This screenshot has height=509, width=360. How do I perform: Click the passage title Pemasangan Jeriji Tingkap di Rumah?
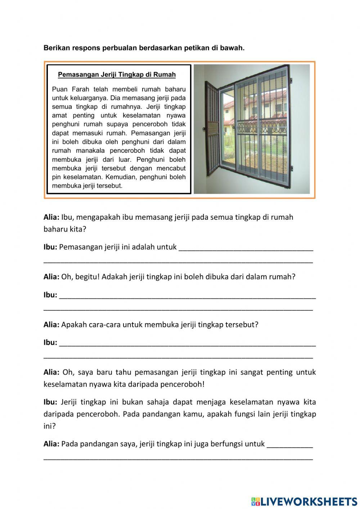point(117,75)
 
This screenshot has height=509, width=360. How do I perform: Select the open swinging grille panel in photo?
point(212,130)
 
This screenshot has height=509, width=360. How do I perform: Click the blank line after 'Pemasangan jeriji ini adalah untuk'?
point(246,248)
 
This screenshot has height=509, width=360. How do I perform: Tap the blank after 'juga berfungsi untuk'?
point(289,445)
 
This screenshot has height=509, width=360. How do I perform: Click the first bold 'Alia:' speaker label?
point(51,217)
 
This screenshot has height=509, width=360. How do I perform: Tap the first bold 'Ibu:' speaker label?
point(50,247)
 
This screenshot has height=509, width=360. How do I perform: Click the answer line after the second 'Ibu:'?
point(187,296)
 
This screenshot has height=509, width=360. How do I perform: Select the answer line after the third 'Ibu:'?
point(187,344)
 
